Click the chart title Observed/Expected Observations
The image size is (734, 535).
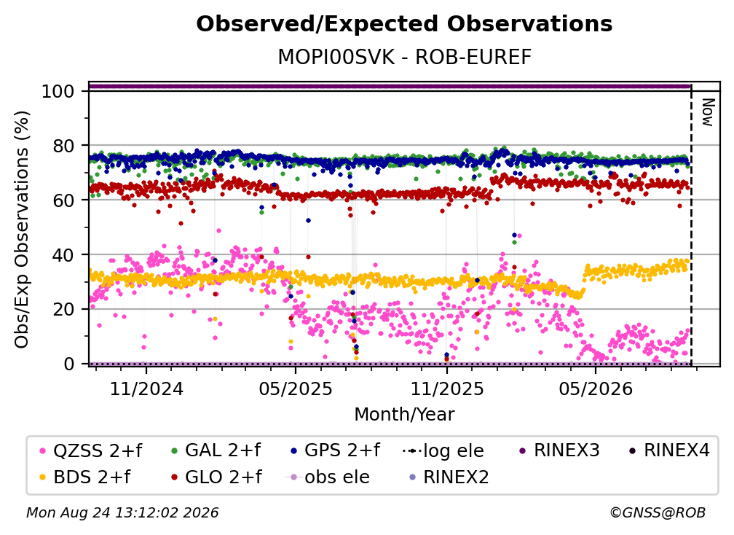click(x=404, y=24)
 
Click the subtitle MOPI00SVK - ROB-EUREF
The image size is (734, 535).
click(x=404, y=58)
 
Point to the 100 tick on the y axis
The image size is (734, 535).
click(x=58, y=91)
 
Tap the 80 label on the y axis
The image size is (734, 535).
click(x=63, y=146)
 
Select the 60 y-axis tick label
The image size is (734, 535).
click(x=63, y=200)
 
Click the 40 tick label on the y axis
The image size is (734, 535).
click(x=63, y=255)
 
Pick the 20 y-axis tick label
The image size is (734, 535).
click(x=63, y=309)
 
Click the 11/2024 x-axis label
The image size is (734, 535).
click(x=146, y=388)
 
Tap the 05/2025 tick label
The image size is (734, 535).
click(x=296, y=388)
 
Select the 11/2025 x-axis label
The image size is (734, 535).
click(x=447, y=388)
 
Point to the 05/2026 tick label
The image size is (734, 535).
click(x=596, y=388)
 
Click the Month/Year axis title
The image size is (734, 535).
click(x=404, y=414)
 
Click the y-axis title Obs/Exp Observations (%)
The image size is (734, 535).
click(x=22, y=230)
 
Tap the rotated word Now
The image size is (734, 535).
click(x=707, y=112)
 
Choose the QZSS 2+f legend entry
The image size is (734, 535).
click(x=91, y=450)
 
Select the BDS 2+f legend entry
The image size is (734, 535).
click(x=85, y=477)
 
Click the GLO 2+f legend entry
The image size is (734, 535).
click(x=216, y=477)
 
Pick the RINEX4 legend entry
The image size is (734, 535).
click(x=669, y=450)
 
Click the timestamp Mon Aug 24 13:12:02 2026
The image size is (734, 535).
click(x=122, y=512)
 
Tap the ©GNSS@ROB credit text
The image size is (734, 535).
click(x=658, y=512)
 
